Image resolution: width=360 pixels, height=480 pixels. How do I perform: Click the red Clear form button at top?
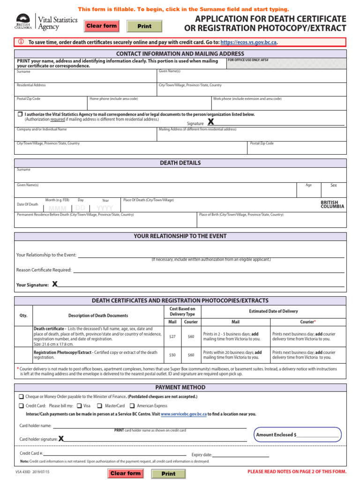click(x=101, y=26)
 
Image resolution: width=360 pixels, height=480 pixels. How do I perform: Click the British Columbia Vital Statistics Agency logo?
click(x=37, y=22)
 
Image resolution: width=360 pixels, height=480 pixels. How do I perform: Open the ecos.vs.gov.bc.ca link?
click(x=248, y=42)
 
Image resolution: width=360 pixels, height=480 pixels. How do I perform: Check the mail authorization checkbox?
click(x=20, y=114)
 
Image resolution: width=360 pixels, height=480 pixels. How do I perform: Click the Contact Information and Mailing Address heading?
click(x=180, y=54)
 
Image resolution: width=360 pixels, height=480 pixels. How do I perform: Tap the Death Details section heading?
click(x=180, y=163)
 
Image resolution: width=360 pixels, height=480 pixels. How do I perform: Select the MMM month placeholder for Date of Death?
click(x=57, y=208)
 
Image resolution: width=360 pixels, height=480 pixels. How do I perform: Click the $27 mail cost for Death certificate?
click(x=172, y=337)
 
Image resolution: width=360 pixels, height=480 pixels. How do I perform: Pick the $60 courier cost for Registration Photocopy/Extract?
click(x=191, y=355)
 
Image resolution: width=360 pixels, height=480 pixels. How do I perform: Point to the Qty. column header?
click(x=23, y=315)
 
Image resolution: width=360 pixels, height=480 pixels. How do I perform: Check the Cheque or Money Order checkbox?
click(x=21, y=397)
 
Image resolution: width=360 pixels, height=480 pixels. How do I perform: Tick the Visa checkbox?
click(x=79, y=406)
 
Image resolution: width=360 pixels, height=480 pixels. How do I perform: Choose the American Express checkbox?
click(x=132, y=406)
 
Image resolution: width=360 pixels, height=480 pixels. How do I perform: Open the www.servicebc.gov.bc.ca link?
click(x=184, y=414)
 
